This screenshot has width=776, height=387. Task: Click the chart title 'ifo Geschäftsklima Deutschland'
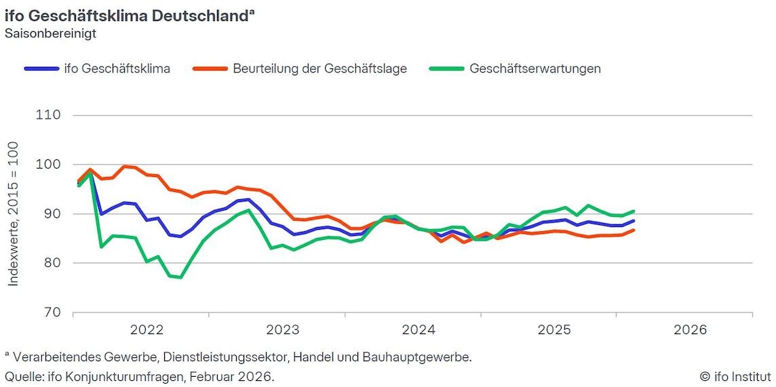126,16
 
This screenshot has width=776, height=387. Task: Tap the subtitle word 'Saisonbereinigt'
50,33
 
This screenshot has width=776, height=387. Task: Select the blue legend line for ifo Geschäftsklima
41,68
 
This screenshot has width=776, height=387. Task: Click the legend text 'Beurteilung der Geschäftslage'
319,68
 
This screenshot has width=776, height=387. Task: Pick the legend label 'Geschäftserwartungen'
535,68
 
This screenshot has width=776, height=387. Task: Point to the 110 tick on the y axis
48,115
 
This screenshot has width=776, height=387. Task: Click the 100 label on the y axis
48,165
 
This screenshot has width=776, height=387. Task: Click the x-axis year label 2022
147,331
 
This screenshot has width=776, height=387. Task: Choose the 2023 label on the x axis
283,331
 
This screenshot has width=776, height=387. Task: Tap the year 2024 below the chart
419,331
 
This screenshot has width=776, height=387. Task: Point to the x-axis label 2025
554,331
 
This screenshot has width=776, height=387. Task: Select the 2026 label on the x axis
690,331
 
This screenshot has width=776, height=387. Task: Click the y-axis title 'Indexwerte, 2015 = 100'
14,213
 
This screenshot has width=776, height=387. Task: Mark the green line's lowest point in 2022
180,277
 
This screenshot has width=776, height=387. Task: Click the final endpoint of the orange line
634,230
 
